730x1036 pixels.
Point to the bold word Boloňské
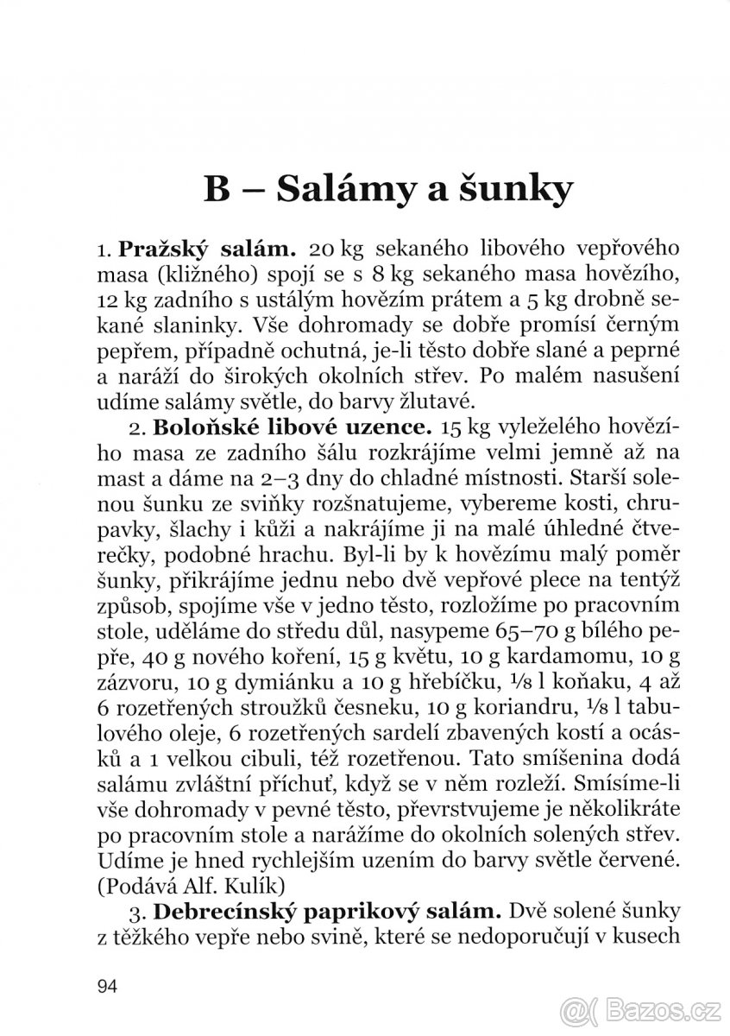tap(198, 426)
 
